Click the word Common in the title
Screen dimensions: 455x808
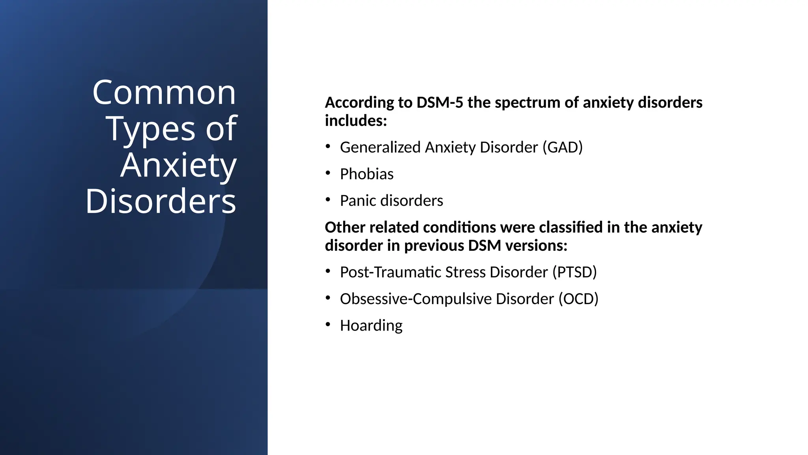coord(164,93)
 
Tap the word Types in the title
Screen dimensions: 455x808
coord(150,130)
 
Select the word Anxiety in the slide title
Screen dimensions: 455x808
coord(178,166)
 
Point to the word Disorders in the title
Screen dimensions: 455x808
coord(161,201)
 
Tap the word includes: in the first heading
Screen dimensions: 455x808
coord(356,120)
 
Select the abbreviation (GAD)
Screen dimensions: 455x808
coord(562,147)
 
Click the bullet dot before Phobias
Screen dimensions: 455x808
coord(328,173)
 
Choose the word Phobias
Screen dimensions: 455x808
coord(367,174)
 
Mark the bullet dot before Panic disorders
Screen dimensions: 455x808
coord(328,199)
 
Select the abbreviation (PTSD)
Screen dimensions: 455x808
coord(574,272)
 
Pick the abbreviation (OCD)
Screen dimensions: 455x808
coord(578,299)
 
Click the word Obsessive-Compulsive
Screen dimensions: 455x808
coord(416,299)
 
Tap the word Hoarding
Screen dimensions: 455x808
coord(371,326)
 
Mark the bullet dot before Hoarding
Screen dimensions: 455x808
coord(328,324)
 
